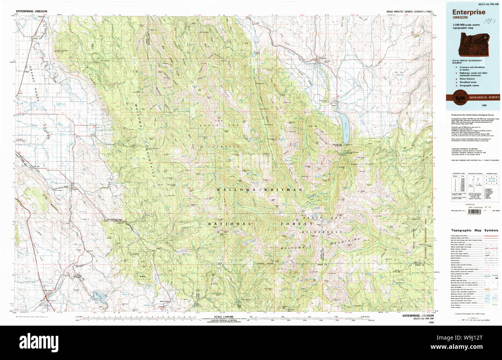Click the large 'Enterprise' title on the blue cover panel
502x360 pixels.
pyautogui.click(x=469, y=12)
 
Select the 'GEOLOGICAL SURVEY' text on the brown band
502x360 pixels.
pyautogui.click(x=484, y=97)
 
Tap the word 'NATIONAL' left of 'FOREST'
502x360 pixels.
pyautogui.click(x=230, y=224)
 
